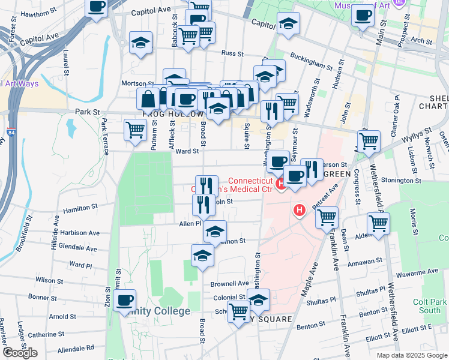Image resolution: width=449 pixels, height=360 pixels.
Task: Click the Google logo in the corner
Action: click(20, 352)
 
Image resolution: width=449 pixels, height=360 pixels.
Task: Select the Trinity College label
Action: click(158, 311)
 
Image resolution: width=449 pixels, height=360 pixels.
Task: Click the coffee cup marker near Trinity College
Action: click(124, 300)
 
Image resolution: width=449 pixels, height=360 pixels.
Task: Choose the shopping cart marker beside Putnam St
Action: click(136, 129)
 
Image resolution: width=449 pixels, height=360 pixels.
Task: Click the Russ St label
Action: click(231, 53)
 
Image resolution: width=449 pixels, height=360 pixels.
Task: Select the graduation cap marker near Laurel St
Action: click(141, 43)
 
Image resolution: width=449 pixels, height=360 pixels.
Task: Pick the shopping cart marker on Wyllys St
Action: click(369, 141)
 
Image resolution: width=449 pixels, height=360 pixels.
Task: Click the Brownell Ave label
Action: click(229, 283)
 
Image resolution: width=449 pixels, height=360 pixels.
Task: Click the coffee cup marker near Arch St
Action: click(363, 16)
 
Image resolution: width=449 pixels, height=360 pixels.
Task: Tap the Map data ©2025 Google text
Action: click(411, 355)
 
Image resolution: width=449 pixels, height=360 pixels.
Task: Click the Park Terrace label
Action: click(106, 137)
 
